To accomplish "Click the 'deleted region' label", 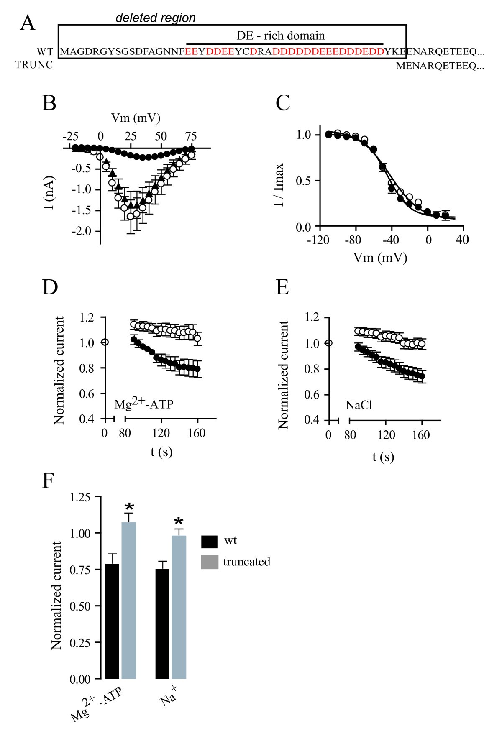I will [155, 18].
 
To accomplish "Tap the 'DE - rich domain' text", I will [280, 36].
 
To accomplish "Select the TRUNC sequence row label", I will [34, 65].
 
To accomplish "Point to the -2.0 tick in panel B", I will [82, 231].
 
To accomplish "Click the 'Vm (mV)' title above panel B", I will [136, 118].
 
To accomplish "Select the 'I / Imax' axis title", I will [279, 184].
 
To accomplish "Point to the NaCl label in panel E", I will [359, 405].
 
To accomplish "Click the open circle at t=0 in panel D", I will [105, 342].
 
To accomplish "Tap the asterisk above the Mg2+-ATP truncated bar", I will [129, 507].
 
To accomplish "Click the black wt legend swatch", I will [209, 541].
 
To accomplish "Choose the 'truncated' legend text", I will [246, 562].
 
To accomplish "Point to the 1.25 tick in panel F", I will [80, 497].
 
